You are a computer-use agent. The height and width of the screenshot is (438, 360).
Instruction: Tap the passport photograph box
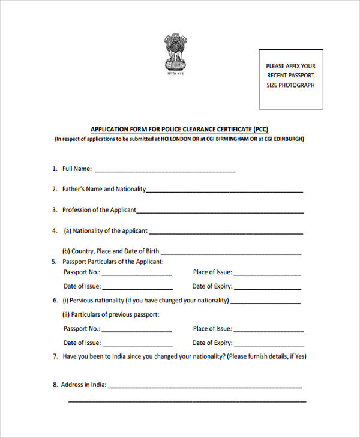pos(290,79)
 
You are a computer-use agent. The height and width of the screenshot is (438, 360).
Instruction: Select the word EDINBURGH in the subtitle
pos(287,139)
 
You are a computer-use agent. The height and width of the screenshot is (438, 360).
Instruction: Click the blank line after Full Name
pos(165,171)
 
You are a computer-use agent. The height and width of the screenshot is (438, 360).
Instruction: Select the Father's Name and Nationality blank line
pos(224,191)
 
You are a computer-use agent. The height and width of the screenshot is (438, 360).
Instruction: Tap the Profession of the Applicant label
pos(100,210)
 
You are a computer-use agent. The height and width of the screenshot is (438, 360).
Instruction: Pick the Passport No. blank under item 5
pos(137,274)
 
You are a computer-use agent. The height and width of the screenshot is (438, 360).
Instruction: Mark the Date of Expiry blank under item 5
pos(267,288)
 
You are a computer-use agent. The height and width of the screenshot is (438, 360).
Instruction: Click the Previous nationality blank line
pos(266,302)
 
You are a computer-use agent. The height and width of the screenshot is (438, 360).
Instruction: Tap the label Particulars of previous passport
pos(111,314)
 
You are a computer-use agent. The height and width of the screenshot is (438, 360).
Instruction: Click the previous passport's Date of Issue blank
pos(137,344)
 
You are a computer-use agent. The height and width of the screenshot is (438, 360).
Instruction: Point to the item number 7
pos(55,356)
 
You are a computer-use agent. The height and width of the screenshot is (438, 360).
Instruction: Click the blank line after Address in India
pos(205,386)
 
